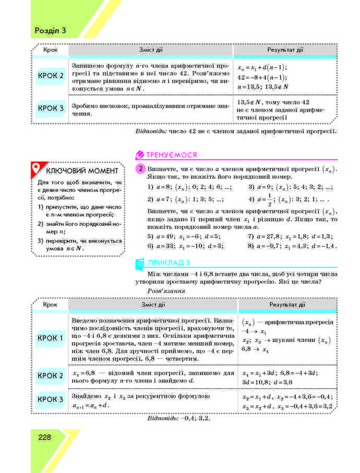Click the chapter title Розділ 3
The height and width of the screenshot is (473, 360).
[x=50, y=30]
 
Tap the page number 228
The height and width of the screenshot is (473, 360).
[x=44, y=437]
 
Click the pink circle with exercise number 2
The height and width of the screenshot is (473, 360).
[x=140, y=169]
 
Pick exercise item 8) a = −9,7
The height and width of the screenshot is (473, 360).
[x=292, y=246]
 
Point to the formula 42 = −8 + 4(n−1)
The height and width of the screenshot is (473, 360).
[x=262, y=77]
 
